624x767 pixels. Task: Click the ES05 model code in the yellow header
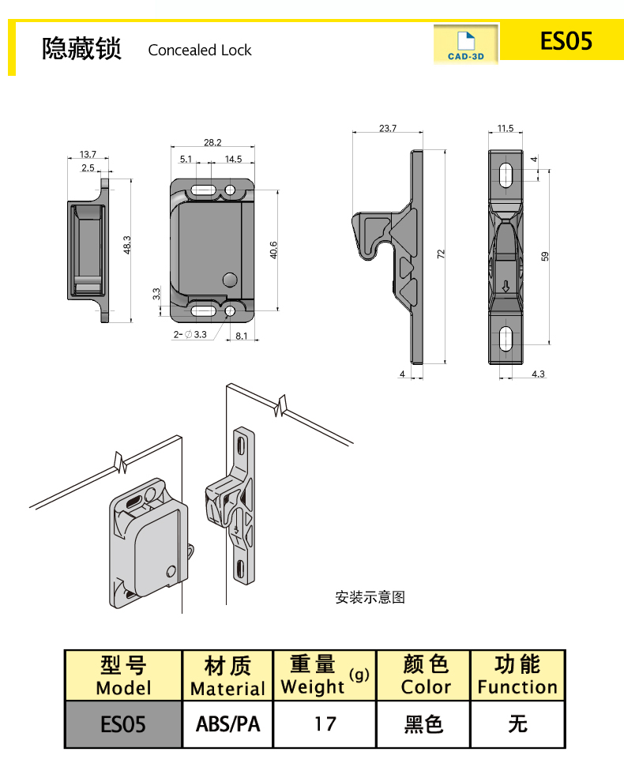tap(566, 41)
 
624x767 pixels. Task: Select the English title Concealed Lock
tap(200, 51)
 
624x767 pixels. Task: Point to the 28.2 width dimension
tap(212, 143)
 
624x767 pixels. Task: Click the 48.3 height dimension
tap(127, 245)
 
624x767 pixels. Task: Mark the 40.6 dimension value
tap(273, 250)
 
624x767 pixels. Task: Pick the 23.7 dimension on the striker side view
tap(387, 128)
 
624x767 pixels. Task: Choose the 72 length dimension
tap(442, 254)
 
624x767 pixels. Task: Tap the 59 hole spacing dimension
tap(545, 255)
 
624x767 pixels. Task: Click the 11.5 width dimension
tap(506, 128)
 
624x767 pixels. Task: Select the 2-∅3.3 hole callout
tap(190, 335)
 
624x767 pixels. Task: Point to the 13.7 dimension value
tap(88, 154)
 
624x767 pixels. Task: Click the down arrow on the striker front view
tap(506, 286)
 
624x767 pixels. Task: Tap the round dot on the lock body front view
tap(230, 279)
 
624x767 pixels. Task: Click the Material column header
tap(227, 676)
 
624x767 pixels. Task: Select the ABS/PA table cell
tap(227, 724)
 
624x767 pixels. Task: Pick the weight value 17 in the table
tap(325, 724)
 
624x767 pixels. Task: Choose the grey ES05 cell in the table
tap(123, 724)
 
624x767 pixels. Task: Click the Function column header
tap(517, 676)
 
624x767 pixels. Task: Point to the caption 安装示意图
tap(370, 598)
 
